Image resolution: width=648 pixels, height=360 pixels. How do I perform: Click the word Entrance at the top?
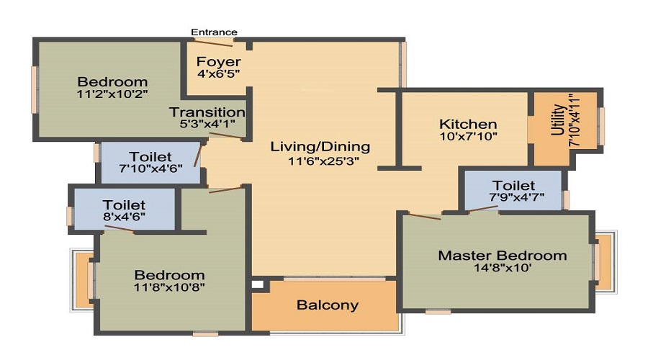(214, 32)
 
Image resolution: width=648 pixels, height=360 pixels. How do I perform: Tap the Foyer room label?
(218, 62)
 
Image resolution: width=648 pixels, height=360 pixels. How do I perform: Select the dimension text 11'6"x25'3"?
(320, 162)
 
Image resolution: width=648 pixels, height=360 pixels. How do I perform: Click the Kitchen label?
(468, 124)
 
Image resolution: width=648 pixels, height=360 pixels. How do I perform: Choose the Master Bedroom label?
(503, 256)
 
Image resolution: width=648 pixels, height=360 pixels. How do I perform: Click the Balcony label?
(327, 305)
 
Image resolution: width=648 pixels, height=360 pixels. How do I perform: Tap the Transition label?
(207, 112)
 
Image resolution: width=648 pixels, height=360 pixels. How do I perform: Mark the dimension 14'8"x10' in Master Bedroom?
(503, 269)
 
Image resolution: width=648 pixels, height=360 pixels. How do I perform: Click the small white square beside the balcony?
(256, 284)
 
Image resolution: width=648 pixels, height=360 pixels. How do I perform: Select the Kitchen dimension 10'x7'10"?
(468, 136)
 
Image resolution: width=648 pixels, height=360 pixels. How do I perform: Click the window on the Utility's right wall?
(601, 126)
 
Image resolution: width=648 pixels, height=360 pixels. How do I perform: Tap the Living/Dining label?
(320, 147)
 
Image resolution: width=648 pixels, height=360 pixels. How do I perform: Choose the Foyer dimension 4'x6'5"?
(218, 73)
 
